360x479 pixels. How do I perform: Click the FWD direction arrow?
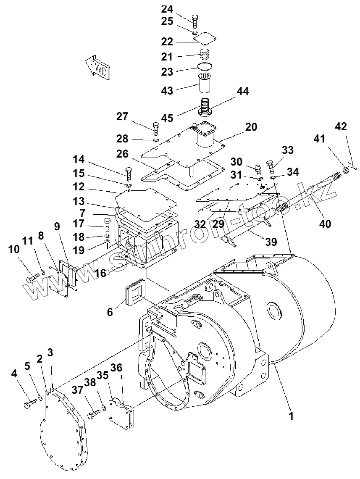(98, 67)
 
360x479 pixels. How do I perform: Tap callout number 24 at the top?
(167, 9)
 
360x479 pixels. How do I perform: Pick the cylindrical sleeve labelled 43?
(205, 82)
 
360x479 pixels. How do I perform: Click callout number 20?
(251, 127)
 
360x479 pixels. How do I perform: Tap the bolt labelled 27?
(156, 128)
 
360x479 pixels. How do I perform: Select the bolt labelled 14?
(129, 174)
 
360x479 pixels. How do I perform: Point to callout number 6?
(110, 312)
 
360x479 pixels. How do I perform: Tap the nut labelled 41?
(347, 171)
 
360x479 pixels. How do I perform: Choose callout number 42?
(341, 126)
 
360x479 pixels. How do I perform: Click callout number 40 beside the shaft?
(325, 224)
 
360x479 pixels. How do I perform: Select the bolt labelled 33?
(271, 167)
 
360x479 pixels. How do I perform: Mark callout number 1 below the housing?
(291, 416)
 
